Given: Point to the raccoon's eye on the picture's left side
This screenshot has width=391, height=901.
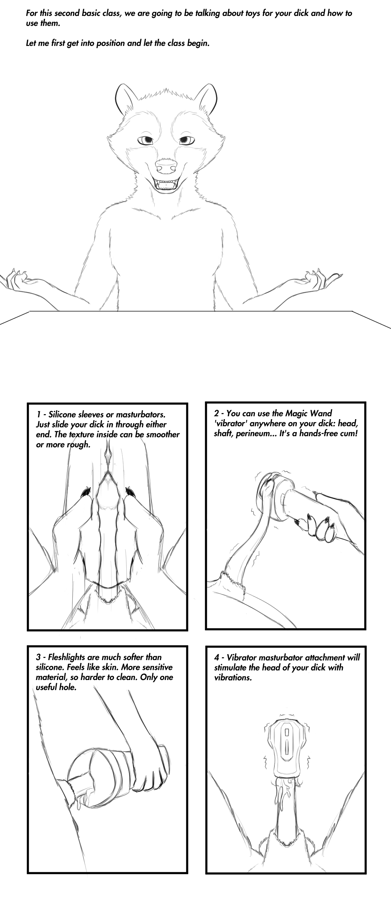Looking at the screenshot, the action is [x=147, y=140].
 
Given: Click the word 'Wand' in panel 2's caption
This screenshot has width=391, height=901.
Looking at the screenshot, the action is [x=322, y=413].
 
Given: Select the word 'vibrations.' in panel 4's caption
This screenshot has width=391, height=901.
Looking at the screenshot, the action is [x=233, y=677].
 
